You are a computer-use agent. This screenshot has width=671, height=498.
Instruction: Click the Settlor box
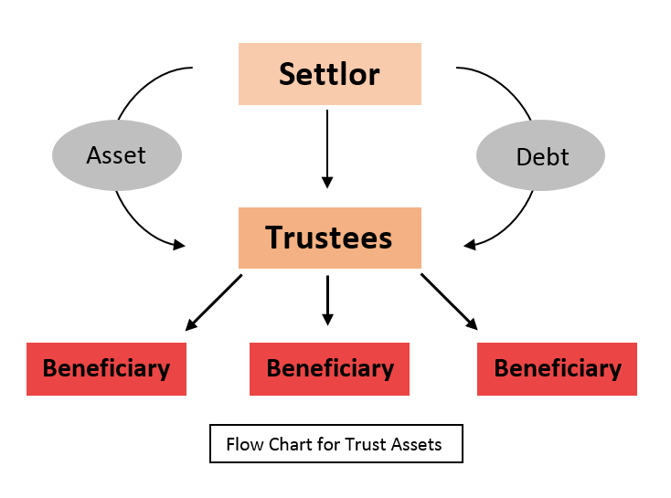329,74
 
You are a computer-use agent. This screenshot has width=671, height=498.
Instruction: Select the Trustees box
329,238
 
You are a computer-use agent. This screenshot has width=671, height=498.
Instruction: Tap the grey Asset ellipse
116,156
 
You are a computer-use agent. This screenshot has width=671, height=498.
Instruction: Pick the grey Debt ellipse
541,156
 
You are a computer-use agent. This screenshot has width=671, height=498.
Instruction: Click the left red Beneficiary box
106,369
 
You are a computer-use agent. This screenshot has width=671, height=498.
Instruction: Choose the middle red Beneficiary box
329,369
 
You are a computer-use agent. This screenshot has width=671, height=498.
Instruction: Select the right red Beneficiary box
557,369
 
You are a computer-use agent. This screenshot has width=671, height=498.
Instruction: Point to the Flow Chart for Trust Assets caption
335,445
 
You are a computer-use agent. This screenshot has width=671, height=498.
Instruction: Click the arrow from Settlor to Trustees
327,146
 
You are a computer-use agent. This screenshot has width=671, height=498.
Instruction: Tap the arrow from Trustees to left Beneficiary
214,302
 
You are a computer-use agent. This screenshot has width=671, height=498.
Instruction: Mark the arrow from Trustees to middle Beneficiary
327,300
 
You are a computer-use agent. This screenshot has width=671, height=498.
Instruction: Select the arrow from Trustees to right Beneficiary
449,301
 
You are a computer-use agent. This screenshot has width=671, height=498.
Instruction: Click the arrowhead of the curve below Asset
178,244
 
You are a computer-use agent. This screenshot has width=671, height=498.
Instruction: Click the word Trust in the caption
367,445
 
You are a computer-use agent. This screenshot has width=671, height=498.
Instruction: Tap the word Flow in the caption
245,445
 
